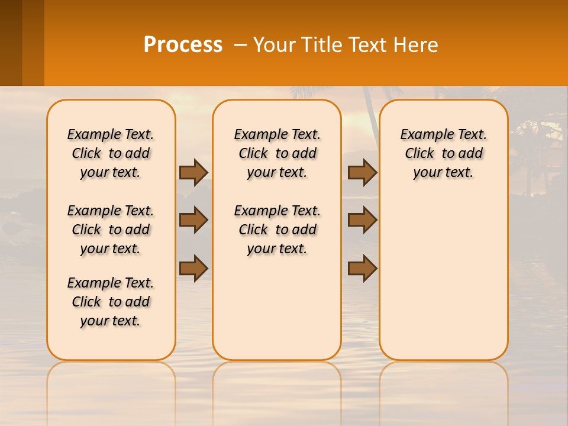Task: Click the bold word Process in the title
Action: point(183,45)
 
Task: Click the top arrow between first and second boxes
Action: point(193,172)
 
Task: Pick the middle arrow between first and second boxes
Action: point(193,220)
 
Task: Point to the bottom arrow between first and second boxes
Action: point(193,267)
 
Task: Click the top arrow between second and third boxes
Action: point(362,172)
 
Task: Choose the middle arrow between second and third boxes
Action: point(362,220)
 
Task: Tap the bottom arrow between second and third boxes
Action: point(362,267)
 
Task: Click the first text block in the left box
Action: point(111,153)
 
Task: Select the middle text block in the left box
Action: point(111,230)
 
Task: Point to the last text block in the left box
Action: point(111,302)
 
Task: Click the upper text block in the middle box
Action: point(277,153)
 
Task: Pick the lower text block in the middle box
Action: point(277,230)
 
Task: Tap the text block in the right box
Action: point(443,153)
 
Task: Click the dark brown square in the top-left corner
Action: point(11,43)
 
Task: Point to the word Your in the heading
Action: point(275,45)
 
